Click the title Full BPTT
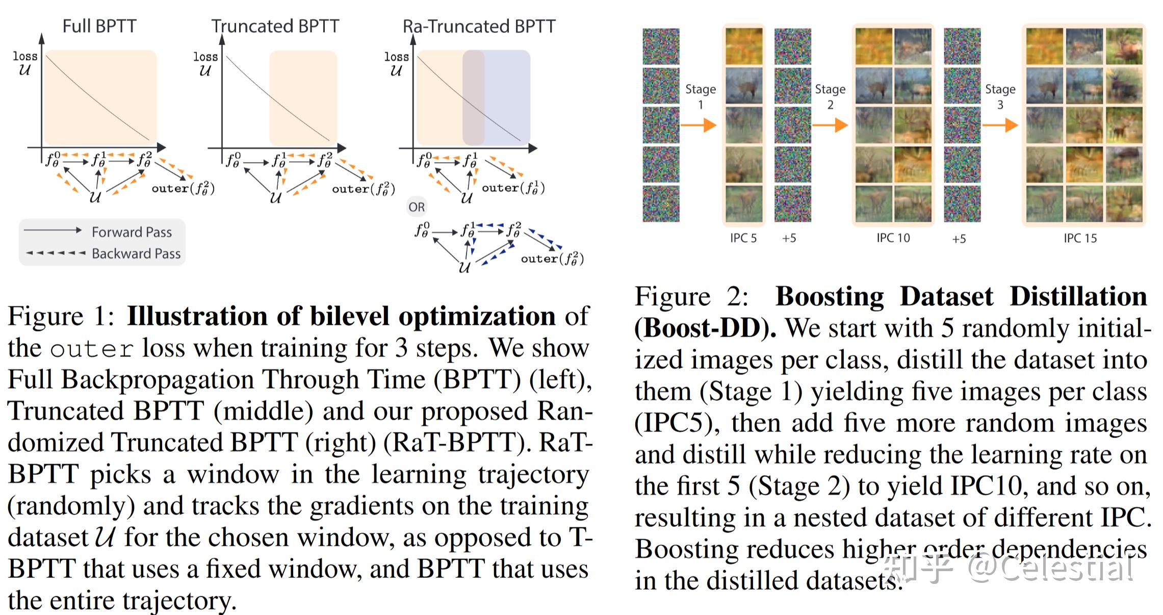pyautogui.click(x=99, y=26)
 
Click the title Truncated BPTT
pyautogui.click(x=275, y=26)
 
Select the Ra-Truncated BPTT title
pyautogui.click(x=479, y=26)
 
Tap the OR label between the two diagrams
pyautogui.click(x=416, y=207)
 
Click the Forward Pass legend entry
pyautogui.click(x=131, y=232)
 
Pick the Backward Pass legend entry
pyautogui.click(x=136, y=253)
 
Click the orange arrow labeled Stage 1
pyautogui.click(x=699, y=125)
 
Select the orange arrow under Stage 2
pyautogui.click(x=830, y=125)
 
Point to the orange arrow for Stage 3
pyautogui.click(x=1000, y=125)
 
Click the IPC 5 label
pyautogui.click(x=743, y=238)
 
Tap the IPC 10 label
pyautogui.click(x=893, y=238)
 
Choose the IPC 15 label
pyautogui.click(x=1080, y=238)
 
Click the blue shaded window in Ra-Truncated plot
pyautogui.click(x=507, y=97)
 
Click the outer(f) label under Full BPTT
pyautogui.click(x=183, y=188)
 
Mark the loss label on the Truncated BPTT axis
pyautogui.click(x=205, y=57)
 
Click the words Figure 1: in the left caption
pyautogui.click(x=61, y=317)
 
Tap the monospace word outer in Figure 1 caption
pyautogui.click(x=92, y=349)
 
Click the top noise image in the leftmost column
pyautogui.click(x=661, y=46)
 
